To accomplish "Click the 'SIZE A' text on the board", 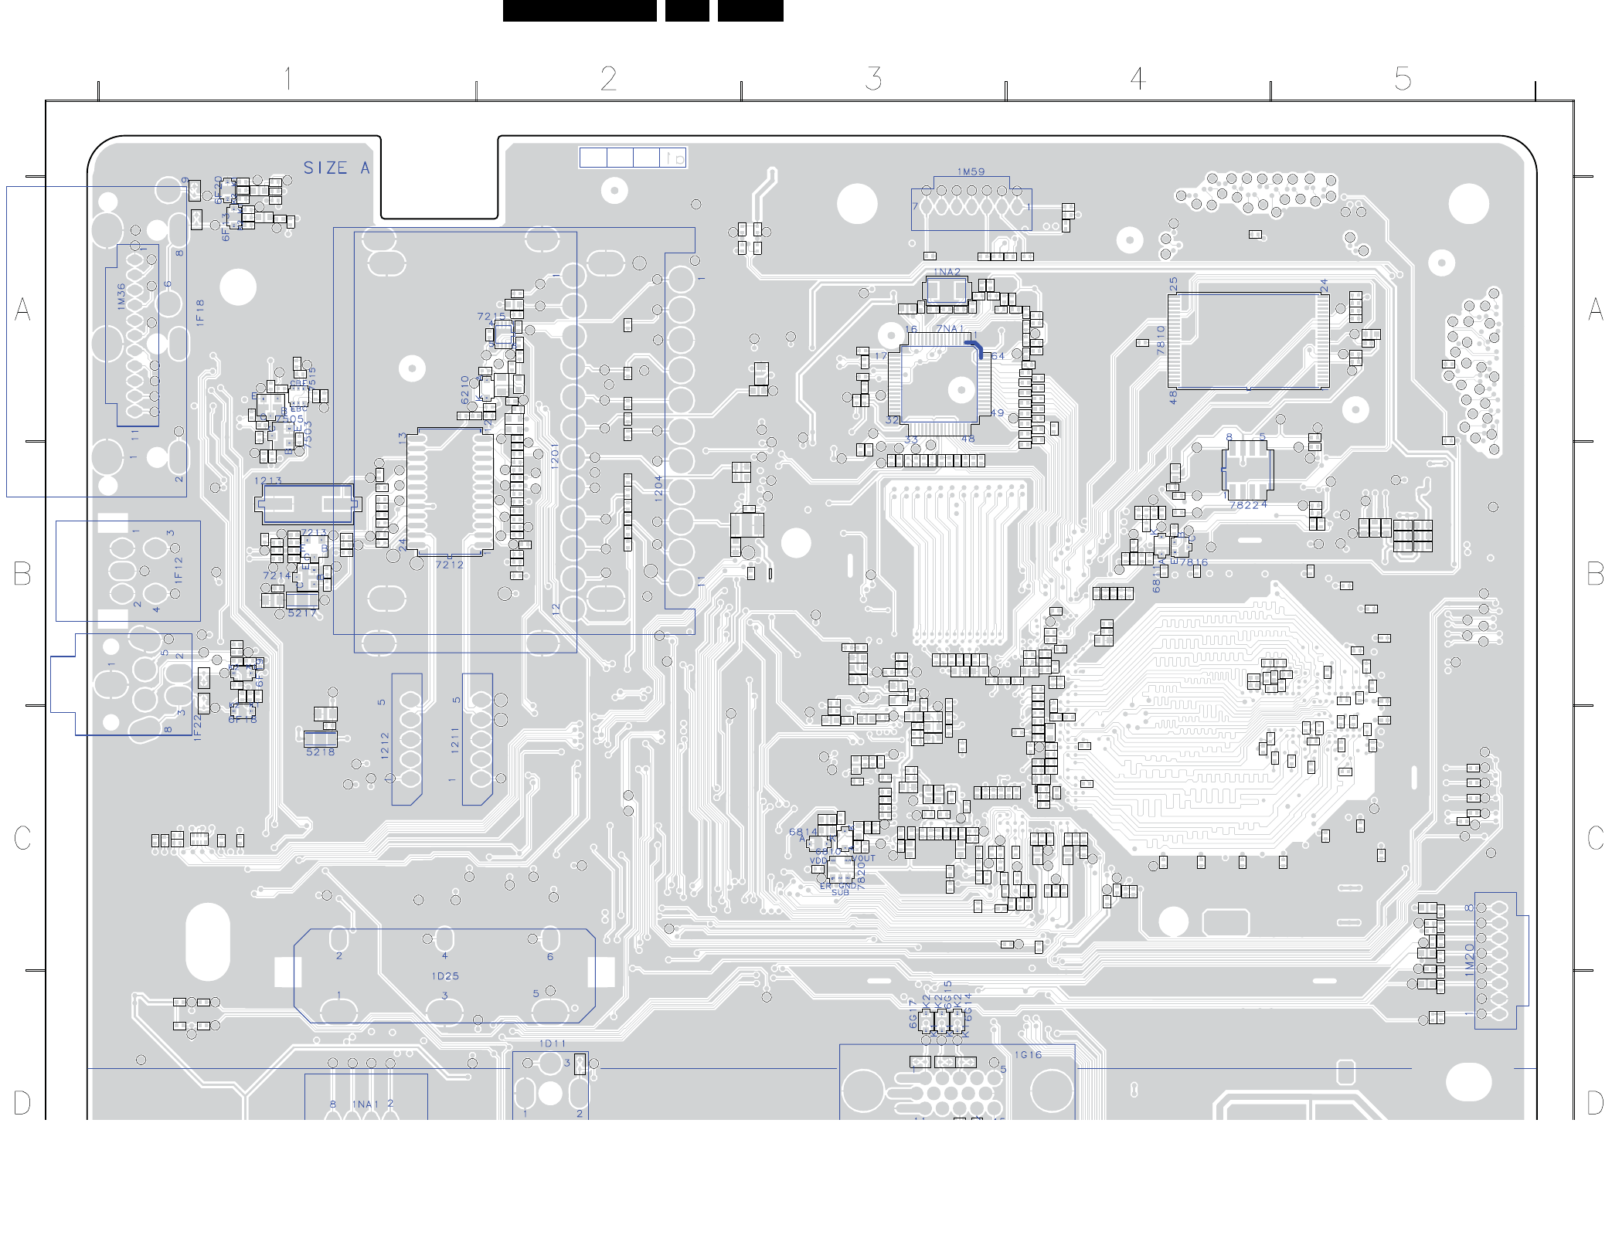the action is click(336, 168).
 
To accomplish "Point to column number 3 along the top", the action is click(873, 79).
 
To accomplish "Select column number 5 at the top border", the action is click(1403, 79).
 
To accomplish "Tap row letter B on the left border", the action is click(22, 574).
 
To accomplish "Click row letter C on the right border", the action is click(1594, 838).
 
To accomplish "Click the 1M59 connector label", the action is click(971, 172).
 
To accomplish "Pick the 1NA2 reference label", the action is click(947, 272).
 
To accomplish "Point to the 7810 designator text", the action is click(1161, 340).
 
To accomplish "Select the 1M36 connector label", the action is click(121, 297).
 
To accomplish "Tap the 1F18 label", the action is click(200, 313).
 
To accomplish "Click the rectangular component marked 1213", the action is click(307, 504).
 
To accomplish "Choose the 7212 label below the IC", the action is click(449, 565).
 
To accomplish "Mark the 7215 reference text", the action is click(491, 316).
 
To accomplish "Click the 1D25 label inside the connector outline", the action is click(445, 976).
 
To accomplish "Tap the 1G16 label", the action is click(1028, 1055).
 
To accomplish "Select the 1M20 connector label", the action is click(1470, 959).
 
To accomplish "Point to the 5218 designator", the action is click(320, 752).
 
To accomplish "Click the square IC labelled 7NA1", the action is click(939, 384).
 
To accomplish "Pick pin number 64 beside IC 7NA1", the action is click(998, 356).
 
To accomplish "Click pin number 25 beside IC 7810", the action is click(1173, 284).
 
